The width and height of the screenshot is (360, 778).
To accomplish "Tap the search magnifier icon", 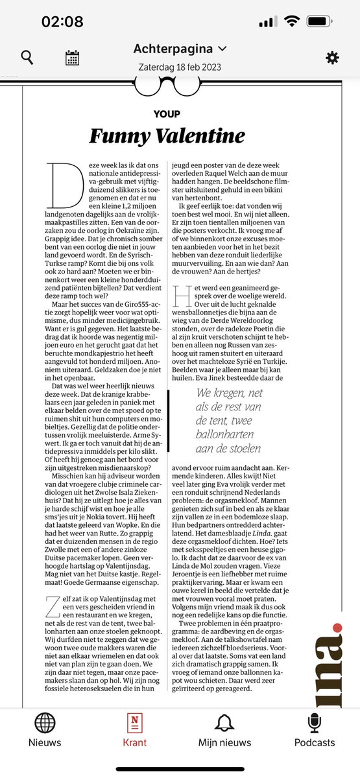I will [x=27, y=58].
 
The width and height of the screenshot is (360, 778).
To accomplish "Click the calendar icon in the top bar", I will [x=73, y=58].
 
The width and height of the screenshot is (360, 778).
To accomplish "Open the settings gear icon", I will [x=332, y=58].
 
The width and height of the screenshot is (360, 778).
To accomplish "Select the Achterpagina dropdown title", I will [x=180, y=49].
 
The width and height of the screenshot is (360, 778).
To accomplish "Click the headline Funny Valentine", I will [x=167, y=136].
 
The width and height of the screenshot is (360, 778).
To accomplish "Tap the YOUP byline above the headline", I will [x=167, y=113].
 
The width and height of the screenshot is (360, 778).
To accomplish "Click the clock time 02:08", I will [x=62, y=21].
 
